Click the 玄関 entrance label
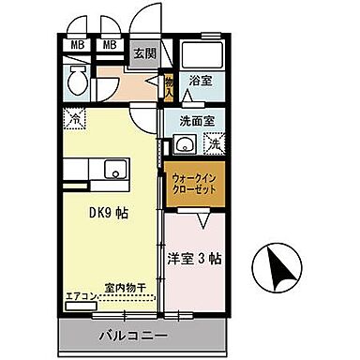(x=143, y=52)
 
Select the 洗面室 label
(x=197, y=121)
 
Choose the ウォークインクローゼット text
(x=196, y=183)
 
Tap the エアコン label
(x=80, y=298)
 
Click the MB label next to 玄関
(x=110, y=44)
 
